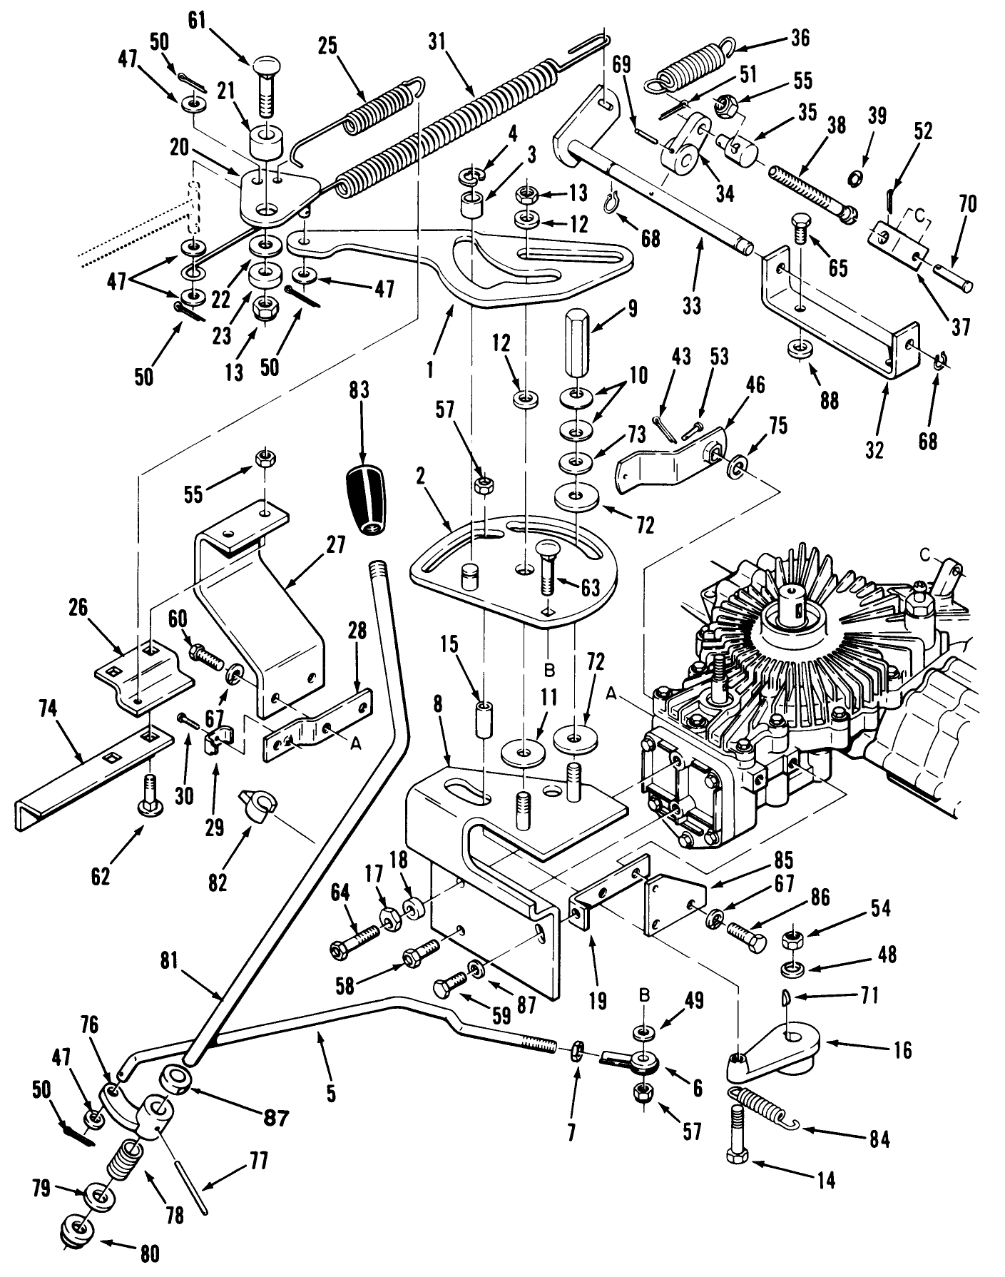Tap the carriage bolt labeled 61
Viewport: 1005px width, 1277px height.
click(265, 86)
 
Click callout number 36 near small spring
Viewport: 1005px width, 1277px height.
click(800, 38)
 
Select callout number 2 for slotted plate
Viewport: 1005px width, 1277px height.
click(421, 476)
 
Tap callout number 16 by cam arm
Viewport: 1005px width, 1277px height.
click(902, 1050)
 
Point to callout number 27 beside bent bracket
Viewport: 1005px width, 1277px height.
click(335, 546)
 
